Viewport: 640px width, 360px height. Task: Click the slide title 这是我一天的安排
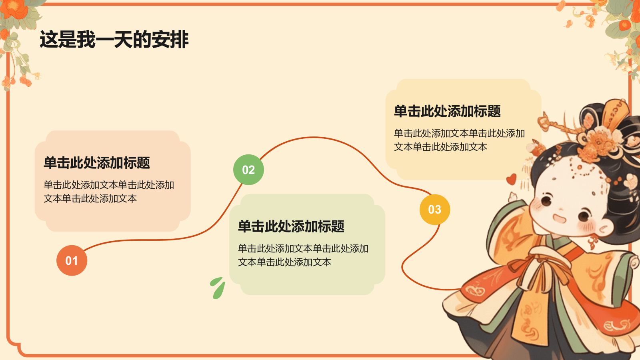(114, 40)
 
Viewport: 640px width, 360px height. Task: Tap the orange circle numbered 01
(72, 260)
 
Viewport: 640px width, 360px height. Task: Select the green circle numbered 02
(248, 170)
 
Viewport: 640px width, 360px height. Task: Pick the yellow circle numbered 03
(434, 209)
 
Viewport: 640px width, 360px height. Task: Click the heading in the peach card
(97, 163)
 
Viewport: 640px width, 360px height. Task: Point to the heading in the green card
(291, 226)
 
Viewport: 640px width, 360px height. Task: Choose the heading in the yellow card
(447, 111)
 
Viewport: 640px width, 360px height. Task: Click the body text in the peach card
(109, 192)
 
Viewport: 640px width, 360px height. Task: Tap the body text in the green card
(303, 255)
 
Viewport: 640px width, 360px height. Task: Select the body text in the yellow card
(459, 140)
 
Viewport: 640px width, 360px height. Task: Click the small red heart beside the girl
(511, 179)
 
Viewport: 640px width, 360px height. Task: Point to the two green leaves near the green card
(218, 288)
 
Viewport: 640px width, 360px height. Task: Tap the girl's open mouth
(559, 218)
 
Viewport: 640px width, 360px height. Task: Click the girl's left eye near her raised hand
(546, 199)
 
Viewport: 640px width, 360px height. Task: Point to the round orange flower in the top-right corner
(624, 25)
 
